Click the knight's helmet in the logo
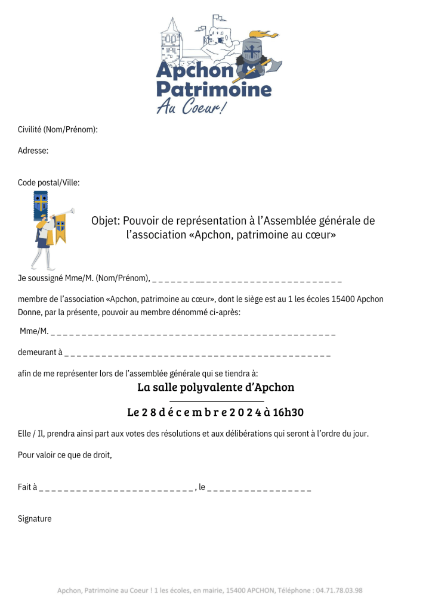[251, 49]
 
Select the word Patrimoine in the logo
[214, 90]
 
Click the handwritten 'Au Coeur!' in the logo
[191, 107]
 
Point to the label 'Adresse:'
[33, 151]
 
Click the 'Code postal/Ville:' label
[49, 182]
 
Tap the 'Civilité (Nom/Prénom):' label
[58, 129]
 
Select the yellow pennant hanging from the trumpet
[60, 233]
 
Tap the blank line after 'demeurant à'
[197, 353]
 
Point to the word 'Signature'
[35, 519]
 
